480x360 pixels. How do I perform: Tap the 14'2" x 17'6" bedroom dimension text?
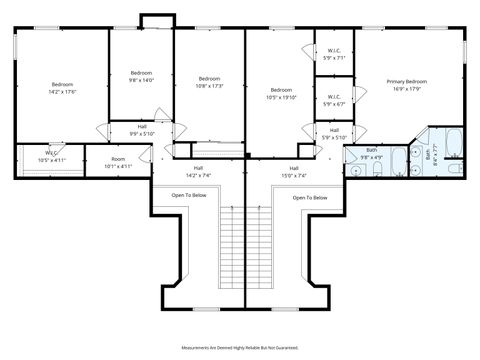point(62,91)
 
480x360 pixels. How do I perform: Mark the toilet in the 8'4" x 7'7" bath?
point(454,168)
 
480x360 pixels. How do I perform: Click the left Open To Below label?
point(189,196)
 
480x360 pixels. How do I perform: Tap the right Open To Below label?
point(310,198)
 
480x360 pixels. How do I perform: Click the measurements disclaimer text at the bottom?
point(240,347)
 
